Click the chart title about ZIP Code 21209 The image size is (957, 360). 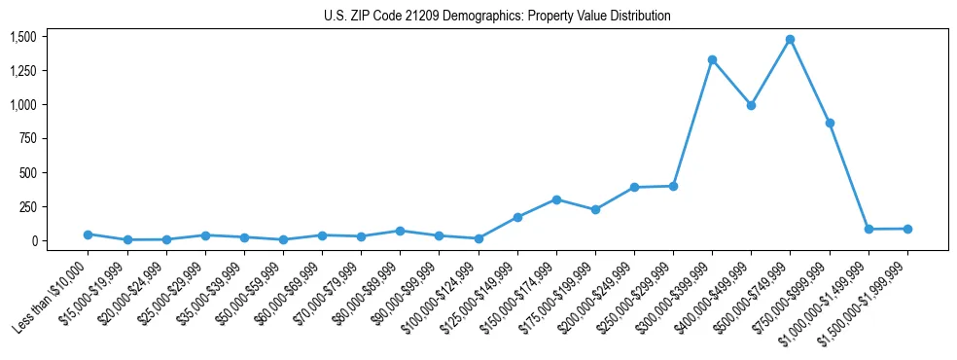click(x=497, y=17)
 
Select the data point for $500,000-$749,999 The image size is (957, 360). click(x=790, y=40)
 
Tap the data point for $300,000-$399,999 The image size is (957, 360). click(x=712, y=60)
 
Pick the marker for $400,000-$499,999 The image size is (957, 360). click(x=751, y=105)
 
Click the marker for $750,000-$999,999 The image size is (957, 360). click(x=830, y=124)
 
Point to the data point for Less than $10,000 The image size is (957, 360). click(x=88, y=234)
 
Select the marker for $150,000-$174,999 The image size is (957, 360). click(x=556, y=199)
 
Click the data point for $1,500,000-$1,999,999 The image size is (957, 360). click(x=907, y=229)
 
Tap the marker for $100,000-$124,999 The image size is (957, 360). click(x=478, y=238)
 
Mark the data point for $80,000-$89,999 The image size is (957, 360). click(x=400, y=231)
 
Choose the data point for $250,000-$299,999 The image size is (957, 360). click(x=673, y=186)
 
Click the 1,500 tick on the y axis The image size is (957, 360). click(x=22, y=37)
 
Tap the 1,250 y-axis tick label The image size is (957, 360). click(x=22, y=71)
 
